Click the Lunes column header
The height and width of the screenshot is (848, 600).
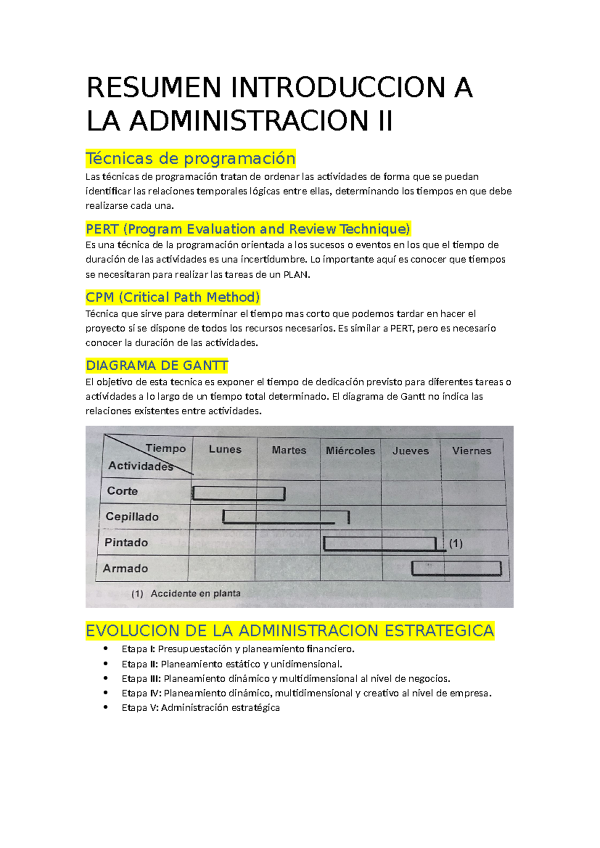225,449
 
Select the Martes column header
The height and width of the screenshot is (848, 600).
289,450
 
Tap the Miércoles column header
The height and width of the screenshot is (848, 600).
350,450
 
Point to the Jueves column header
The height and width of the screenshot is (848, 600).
410,450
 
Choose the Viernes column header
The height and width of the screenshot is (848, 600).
471,450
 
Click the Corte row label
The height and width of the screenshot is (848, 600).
122,491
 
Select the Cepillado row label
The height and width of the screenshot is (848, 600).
132,516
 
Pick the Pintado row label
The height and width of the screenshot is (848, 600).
126,542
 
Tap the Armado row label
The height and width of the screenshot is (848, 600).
125,568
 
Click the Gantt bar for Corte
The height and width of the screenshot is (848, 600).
238,493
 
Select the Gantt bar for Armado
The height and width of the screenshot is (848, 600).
456,568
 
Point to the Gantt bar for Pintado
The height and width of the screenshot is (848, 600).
380,543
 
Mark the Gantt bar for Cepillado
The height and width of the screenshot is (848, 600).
285,517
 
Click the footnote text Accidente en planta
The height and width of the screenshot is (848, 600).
195,593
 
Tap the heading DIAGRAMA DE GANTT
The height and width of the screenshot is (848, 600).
157,365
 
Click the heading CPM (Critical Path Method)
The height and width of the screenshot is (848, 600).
172,297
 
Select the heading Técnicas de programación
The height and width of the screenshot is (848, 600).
190,158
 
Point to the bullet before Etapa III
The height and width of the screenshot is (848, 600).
105,678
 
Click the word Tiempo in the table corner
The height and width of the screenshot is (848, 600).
165,448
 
